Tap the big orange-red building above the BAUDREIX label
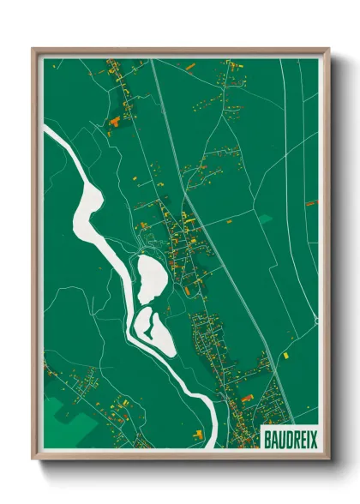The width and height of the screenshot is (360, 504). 247,399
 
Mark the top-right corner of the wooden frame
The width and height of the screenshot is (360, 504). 328,50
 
